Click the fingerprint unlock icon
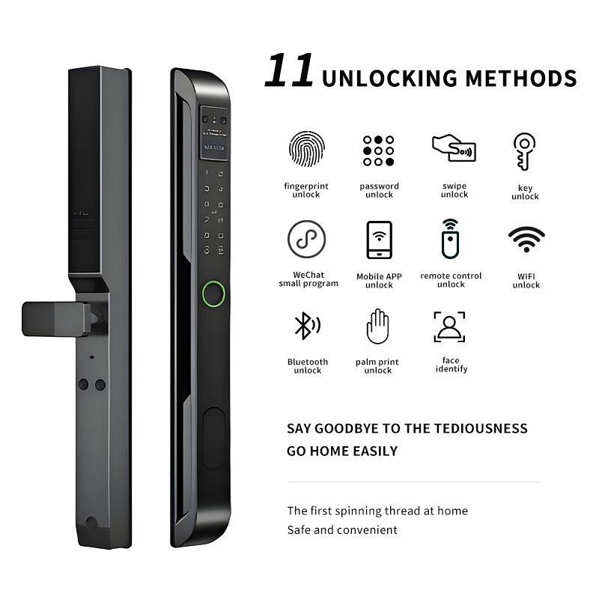(x=307, y=149)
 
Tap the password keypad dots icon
(x=378, y=150)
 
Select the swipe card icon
(x=454, y=148)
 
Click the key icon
(x=524, y=151)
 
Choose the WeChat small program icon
(x=306, y=239)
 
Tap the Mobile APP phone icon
(x=379, y=240)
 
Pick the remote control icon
(x=451, y=239)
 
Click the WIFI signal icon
(x=526, y=239)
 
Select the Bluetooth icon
(x=307, y=326)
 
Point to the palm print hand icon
(x=377, y=326)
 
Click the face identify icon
(x=449, y=326)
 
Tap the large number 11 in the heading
(x=289, y=70)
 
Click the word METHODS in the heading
(x=521, y=79)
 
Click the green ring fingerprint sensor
(x=213, y=294)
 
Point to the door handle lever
(x=57, y=319)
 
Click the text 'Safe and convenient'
(x=342, y=530)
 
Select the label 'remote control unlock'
(x=451, y=280)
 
